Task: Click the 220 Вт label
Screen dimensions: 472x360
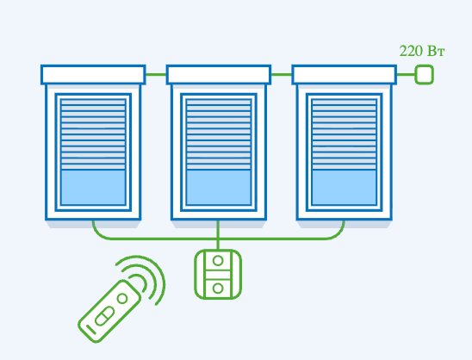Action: coord(422,51)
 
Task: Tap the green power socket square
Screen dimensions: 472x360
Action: coord(424,75)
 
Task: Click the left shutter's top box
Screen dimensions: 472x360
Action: coord(93,75)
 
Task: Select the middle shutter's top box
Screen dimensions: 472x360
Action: coord(219,75)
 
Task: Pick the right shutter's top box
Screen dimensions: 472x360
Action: coord(344,75)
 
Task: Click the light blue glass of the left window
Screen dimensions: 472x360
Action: coord(93,187)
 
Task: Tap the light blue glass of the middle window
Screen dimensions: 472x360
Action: coord(219,187)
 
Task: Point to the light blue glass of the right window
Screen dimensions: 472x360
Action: coord(344,187)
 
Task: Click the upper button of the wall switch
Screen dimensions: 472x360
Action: coord(218,261)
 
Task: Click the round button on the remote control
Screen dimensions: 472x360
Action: coord(122,299)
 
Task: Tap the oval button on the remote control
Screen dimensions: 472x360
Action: coord(104,316)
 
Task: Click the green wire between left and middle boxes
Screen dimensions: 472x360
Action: coord(156,75)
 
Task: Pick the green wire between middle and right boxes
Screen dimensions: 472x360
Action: coord(282,75)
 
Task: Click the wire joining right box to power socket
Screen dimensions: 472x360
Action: coord(406,75)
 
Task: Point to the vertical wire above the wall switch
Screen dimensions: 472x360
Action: coord(218,235)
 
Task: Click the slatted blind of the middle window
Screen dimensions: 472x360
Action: coord(219,134)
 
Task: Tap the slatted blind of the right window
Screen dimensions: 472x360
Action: coord(344,134)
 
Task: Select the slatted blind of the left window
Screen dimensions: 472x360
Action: coord(93,134)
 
